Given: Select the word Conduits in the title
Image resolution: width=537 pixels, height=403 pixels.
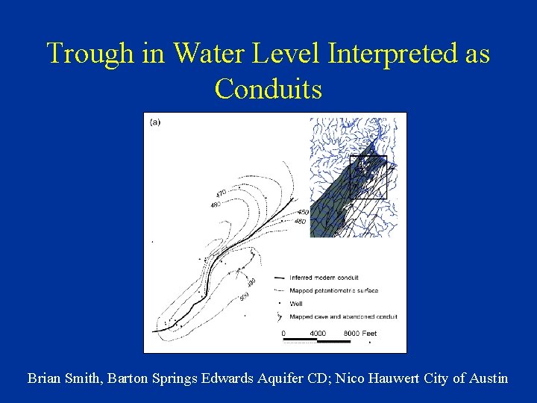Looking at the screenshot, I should (268, 89).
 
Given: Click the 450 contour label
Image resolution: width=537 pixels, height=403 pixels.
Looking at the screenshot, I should (303, 212).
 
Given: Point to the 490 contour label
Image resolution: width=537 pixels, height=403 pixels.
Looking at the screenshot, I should (252, 284).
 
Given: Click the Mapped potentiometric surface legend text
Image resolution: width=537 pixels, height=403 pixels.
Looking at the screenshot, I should (333, 290).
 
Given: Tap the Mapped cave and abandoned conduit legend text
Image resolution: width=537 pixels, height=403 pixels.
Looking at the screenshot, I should (343, 316).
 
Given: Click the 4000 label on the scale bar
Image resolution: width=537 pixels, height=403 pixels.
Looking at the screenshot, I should (318, 333).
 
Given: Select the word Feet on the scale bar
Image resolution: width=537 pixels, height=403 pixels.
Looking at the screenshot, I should (369, 333).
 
